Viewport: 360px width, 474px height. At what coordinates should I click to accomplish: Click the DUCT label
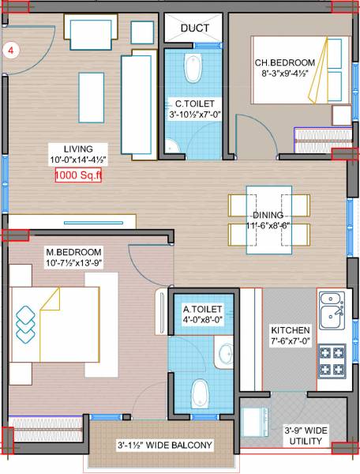coord(195,28)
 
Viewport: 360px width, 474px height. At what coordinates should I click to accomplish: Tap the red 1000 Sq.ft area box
coord(79,176)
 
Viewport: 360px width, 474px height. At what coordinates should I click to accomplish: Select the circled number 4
coord(13,50)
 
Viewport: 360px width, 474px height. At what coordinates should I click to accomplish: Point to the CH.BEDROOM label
coord(284,63)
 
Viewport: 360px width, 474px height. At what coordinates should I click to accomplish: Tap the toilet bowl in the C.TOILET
coord(192,70)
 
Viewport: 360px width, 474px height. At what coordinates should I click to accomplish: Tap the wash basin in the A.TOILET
coord(224,353)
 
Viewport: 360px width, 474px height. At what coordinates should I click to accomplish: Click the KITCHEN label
coord(290,329)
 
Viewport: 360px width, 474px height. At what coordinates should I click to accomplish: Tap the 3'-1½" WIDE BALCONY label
coord(165,446)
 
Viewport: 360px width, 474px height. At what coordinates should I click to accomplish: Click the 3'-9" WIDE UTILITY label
coord(306,435)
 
